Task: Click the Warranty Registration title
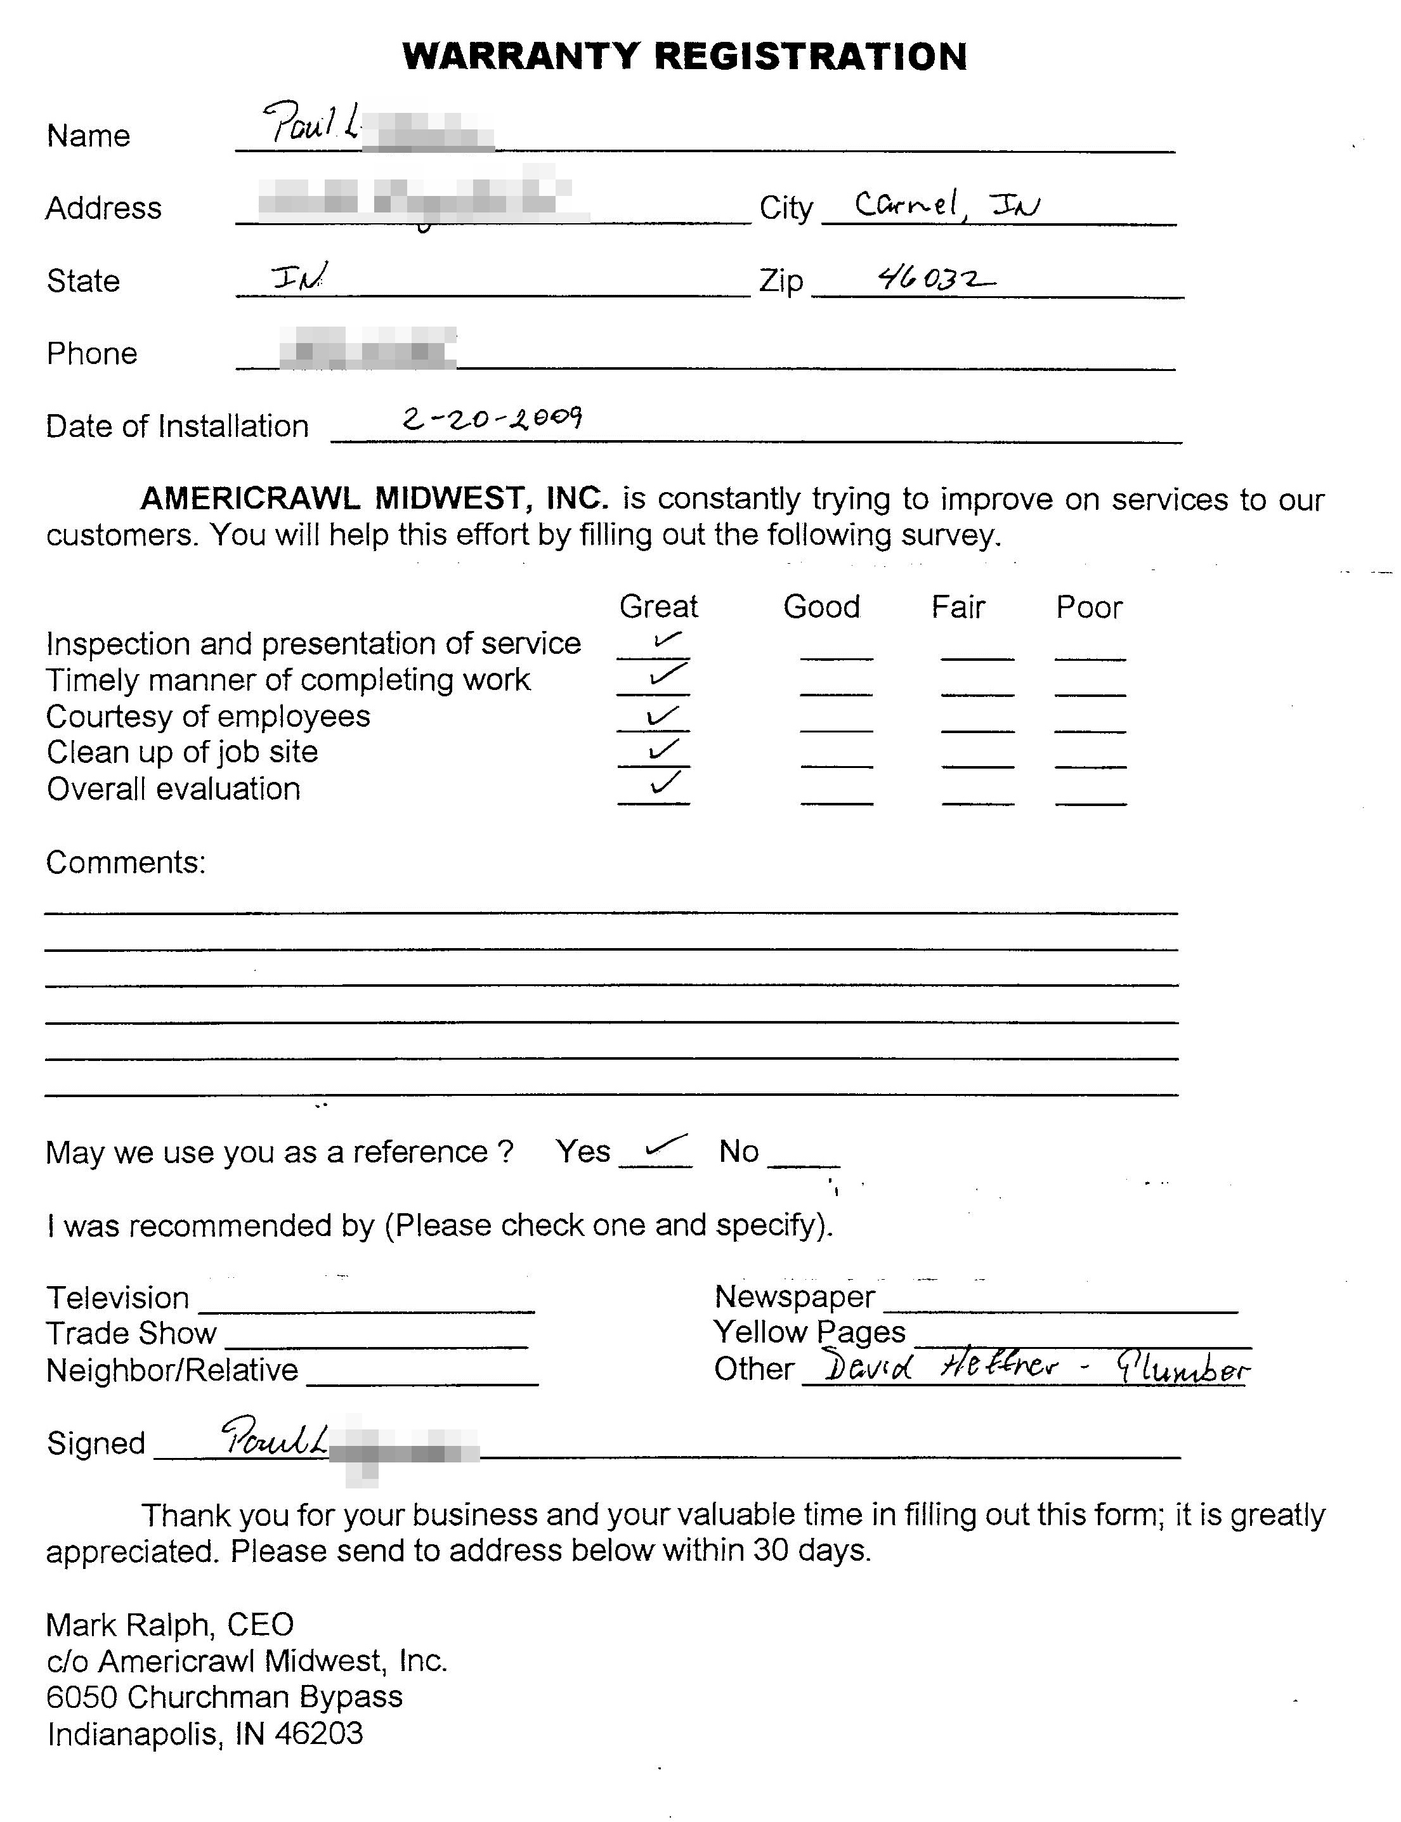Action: [x=684, y=56]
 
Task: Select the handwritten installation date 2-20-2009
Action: [x=492, y=417]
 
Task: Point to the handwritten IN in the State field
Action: [x=299, y=276]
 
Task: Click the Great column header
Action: [x=658, y=606]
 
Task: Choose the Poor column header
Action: [x=1088, y=607]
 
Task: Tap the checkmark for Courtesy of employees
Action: [x=662, y=715]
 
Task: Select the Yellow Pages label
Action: [x=809, y=1332]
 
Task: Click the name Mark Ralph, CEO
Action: [x=169, y=1624]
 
